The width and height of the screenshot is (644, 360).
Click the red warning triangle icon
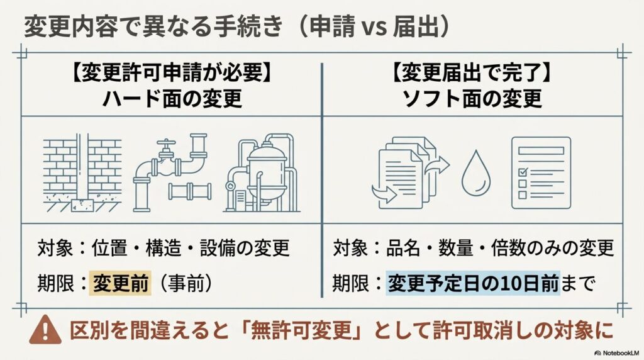tap(45, 330)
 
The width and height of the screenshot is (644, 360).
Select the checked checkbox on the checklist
tap(523, 171)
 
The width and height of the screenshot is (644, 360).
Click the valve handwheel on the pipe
tap(166, 145)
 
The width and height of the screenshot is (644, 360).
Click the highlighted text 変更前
tap(120, 283)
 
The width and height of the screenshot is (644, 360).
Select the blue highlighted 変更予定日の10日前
tap(473, 283)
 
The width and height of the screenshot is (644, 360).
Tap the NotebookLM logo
tap(618, 353)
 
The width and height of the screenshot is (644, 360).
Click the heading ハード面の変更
tap(172, 99)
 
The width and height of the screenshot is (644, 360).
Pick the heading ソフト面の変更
tap(472, 99)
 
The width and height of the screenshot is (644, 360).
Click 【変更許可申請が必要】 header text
tap(172, 74)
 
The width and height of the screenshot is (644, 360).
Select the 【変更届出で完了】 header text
tap(472, 74)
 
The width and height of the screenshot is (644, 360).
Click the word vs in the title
tap(374, 28)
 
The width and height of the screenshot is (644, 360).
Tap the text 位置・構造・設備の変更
tap(191, 248)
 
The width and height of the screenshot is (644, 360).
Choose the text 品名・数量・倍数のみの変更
tap(500, 248)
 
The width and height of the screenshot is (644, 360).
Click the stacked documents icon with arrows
tap(411, 172)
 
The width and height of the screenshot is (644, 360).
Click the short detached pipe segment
tap(190, 191)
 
